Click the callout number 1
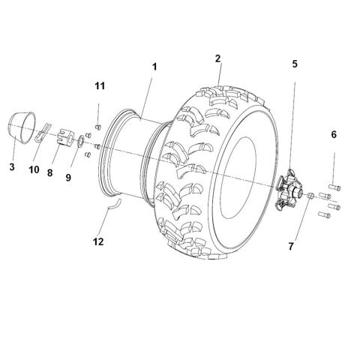(x=154, y=67)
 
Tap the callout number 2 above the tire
(x=218, y=58)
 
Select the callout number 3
(x=12, y=166)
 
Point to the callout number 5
(x=295, y=64)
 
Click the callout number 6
(x=334, y=134)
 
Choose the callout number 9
(x=69, y=178)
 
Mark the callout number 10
(x=33, y=170)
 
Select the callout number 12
(x=97, y=241)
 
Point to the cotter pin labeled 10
(x=43, y=134)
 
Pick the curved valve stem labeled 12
(x=112, y=203)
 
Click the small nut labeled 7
(x=307, y=196)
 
